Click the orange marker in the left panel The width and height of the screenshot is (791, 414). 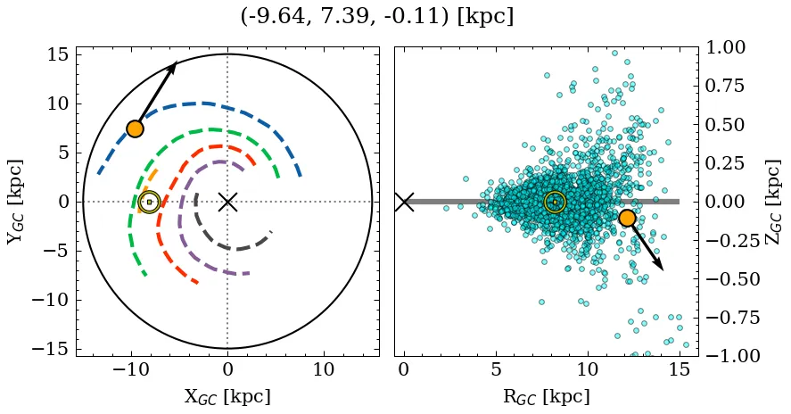[135, 128]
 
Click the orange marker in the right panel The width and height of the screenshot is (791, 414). [627, 218]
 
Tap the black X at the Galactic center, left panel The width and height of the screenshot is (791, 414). [227, 202]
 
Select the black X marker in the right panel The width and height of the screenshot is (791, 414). [404, 202]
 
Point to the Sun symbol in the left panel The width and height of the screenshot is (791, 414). [149, 203]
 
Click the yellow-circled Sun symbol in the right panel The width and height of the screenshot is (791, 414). [555, 203]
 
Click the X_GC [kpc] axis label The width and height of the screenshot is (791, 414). [227, 397]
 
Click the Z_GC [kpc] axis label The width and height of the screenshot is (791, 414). [774, 202]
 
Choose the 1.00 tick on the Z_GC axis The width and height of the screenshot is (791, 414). [729, 47]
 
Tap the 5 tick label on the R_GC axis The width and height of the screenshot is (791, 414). [496, 369]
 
